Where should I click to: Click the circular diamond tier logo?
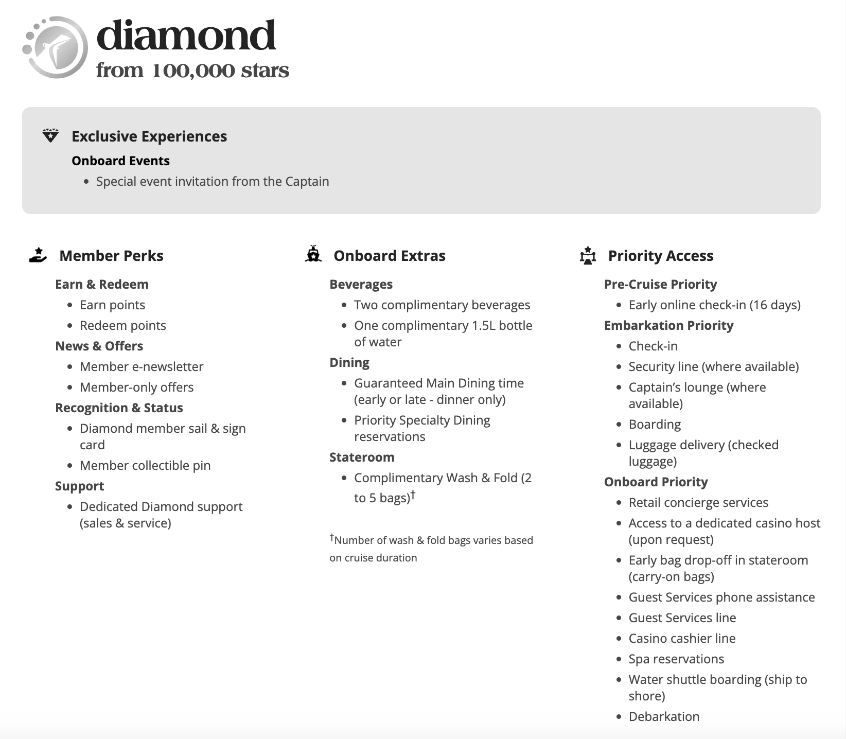(x=56, y=47)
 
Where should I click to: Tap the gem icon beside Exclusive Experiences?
(x=50, y=136)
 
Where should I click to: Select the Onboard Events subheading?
(x=120, y=161)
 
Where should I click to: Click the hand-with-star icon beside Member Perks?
(x=38, y=255)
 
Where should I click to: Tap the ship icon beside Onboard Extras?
(x=313, y=255)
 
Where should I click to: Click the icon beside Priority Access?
(x=588, y=255)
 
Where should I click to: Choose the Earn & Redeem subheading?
(x=102, y=284)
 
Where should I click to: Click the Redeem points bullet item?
(x=122, y=325)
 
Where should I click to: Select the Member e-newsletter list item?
(x=142, y=366)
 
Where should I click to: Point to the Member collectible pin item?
(x=145, y=465)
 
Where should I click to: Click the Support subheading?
(x=80, y=486)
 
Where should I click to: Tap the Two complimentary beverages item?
(x=442, y=305)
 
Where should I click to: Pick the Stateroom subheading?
(x=362, y=457)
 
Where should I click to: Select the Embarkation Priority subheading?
(x=668, y=325)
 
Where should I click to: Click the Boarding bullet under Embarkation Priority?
(x=655, y=424)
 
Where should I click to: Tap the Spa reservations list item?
(x=676, y=659)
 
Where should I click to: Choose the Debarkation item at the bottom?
(x=664, y=716)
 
